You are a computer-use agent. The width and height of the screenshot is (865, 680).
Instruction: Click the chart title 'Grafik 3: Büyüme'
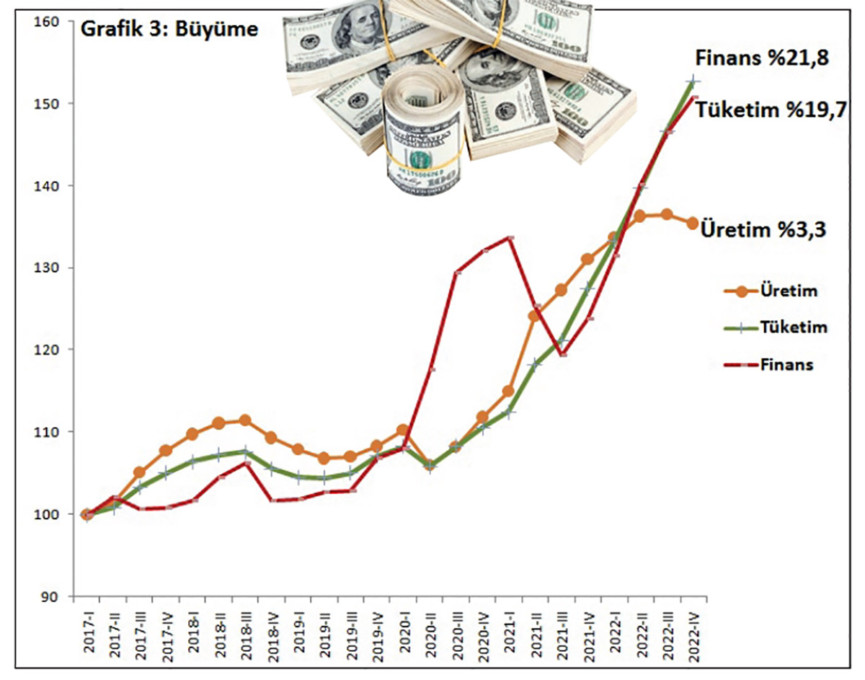click(167, 31)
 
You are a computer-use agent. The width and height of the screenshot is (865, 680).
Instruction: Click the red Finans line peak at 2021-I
click(510, 237)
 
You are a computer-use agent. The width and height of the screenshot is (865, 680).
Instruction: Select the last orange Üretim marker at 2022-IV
click(692, 224)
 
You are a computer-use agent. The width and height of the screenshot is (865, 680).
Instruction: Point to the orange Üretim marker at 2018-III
click(245, 420)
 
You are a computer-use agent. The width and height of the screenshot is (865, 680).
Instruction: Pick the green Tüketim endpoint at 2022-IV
click(692, 81)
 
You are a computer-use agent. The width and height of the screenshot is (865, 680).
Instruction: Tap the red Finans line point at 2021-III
click(562, 354)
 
